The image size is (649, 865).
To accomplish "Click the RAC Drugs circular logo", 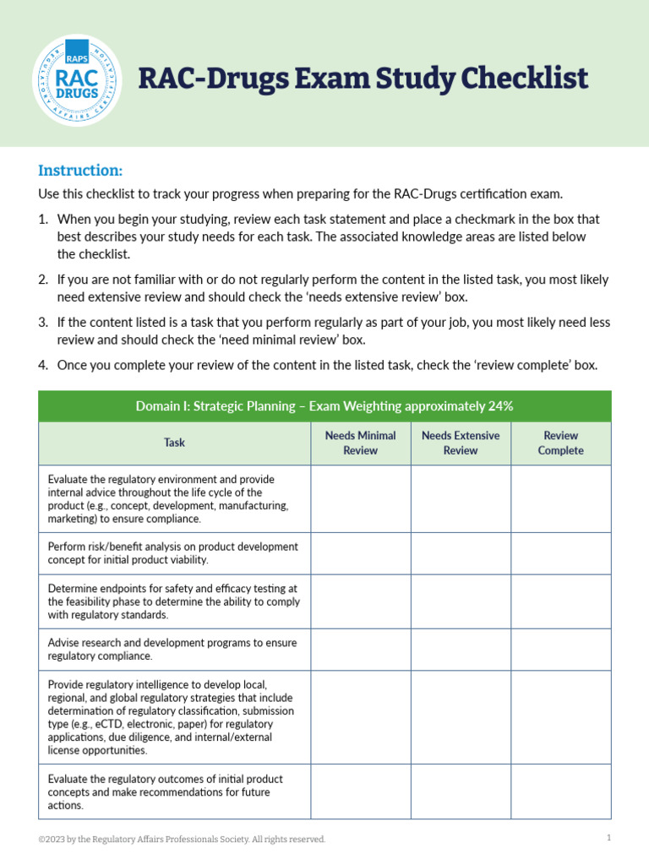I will [x=77, y=80].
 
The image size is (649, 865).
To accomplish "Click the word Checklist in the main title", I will [x=524, y=79].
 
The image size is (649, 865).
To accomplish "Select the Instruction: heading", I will [x=80, y=170].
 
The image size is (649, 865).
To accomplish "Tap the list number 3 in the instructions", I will [x=43, y=323].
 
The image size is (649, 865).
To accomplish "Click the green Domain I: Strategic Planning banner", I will [x=324, y=406].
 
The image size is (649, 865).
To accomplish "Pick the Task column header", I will [x=174, y=443].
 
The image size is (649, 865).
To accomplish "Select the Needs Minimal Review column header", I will [x=360, y=443].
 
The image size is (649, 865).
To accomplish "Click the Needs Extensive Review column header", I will [x=461, y=443].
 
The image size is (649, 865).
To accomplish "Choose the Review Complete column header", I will [x=560, y=443].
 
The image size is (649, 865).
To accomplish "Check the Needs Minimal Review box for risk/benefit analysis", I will [x=360, y=553].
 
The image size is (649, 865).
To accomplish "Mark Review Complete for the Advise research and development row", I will [x=560, y=649].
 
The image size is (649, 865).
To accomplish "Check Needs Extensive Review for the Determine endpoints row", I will [x=461, y=601].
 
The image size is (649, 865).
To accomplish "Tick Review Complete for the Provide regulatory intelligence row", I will [x=560, y=717].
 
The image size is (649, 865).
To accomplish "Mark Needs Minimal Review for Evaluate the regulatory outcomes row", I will [x=360, y=792].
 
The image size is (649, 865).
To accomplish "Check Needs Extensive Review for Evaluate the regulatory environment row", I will [x=461, y=498].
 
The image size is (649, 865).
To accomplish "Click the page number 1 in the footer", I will [x=608, y=838].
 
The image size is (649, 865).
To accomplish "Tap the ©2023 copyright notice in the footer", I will [x=182, y=839].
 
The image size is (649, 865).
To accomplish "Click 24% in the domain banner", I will [x=500, y=406].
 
